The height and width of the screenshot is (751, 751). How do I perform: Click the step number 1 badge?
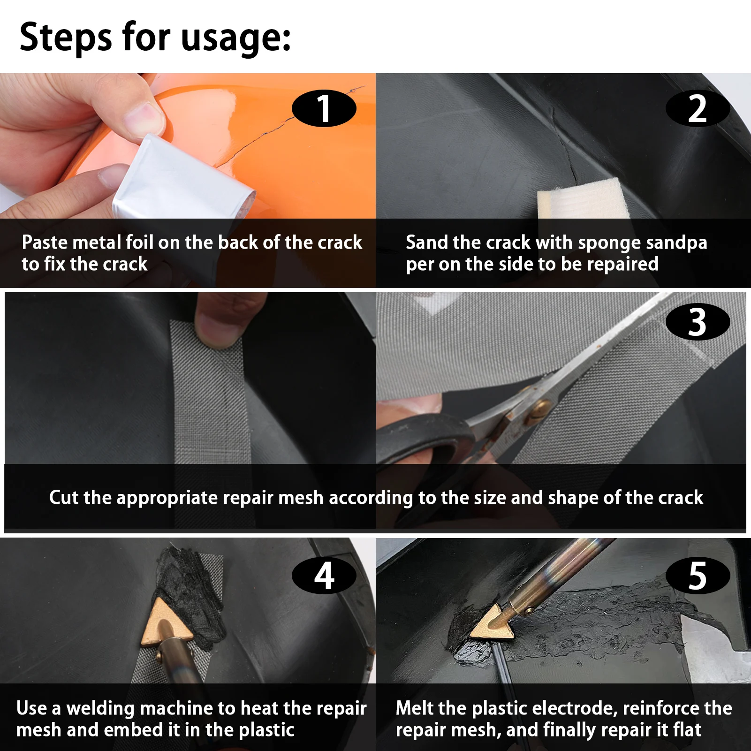tap(324, 108)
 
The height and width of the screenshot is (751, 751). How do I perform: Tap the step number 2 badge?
tap(698, 108)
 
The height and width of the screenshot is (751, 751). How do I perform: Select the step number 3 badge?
tap(698, 322)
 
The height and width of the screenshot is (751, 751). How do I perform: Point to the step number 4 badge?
tap(324, 576)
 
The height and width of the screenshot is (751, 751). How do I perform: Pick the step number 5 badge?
tap(698, 576)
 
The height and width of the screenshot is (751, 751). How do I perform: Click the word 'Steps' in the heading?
tap(66, 38)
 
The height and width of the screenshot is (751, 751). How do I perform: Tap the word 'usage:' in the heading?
tap(236, 39)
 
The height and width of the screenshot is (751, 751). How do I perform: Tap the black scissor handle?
tap(427, 439)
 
